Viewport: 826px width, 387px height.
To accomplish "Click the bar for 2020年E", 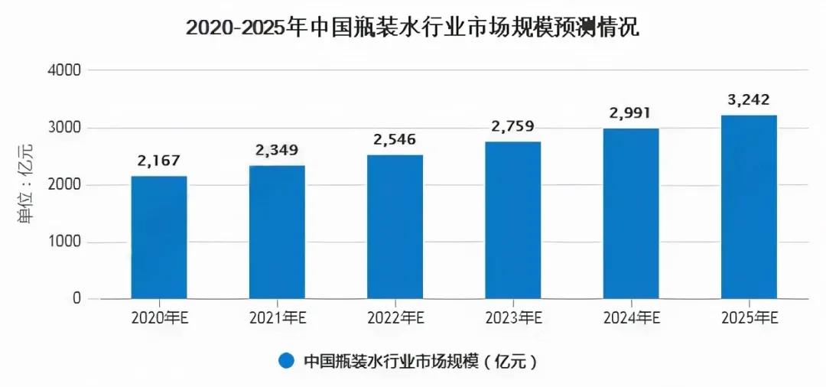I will click(x=159, y=237).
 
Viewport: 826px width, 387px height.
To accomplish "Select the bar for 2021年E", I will click(x=277, y=232).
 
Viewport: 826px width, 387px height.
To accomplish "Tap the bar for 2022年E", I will click(x=395, y=226).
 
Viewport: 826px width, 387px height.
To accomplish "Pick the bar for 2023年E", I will click(x=512, y=220).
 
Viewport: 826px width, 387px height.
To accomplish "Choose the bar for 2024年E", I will click(x=631, y=213).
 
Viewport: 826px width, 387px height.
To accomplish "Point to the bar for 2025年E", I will click(x=749, y=207).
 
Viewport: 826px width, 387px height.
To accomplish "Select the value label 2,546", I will click(x=395, y=141).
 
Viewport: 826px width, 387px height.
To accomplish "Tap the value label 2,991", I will click(x=631, y=114).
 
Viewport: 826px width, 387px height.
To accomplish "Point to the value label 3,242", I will click(x=749, y=99).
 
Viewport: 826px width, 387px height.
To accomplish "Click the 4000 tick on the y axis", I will click(x=65, y=70).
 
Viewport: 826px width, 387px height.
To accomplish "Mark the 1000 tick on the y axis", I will click(x=65, y=242).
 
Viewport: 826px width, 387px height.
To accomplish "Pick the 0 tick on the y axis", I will click(x=76, y=299).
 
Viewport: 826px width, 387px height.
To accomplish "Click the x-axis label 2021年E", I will click(x=277, y=318).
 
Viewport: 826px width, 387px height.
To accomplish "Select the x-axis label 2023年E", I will click(x=512, y=318).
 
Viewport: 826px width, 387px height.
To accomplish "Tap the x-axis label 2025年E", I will click(x=749, y=318).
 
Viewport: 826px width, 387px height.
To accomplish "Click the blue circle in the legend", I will click(x=287, y=360).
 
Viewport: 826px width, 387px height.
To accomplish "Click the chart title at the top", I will click(x=412, y=28).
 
